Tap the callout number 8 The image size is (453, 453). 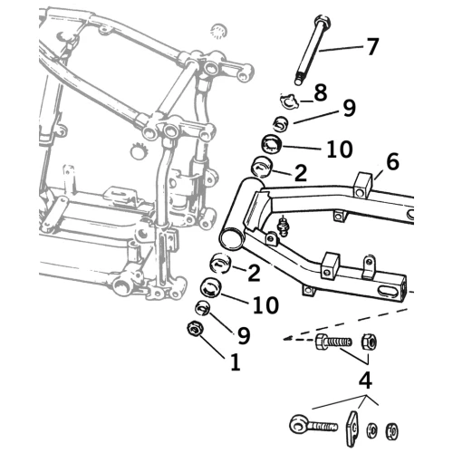[321, 92]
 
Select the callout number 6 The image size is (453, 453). [392, 161]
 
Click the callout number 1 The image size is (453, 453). [236, 361]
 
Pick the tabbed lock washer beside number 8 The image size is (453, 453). [289, 101]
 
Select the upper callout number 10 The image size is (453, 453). [340, 149]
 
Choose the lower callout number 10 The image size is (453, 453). [265, 304]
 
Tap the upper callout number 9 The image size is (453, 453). [350, 108]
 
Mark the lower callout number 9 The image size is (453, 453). [244, 335]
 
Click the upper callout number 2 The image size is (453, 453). [301, 173]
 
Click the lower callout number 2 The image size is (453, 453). [254, 274]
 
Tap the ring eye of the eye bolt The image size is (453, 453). [300, 427]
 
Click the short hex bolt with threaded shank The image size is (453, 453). [333, 342]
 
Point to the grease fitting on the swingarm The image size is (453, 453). [283, 226]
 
